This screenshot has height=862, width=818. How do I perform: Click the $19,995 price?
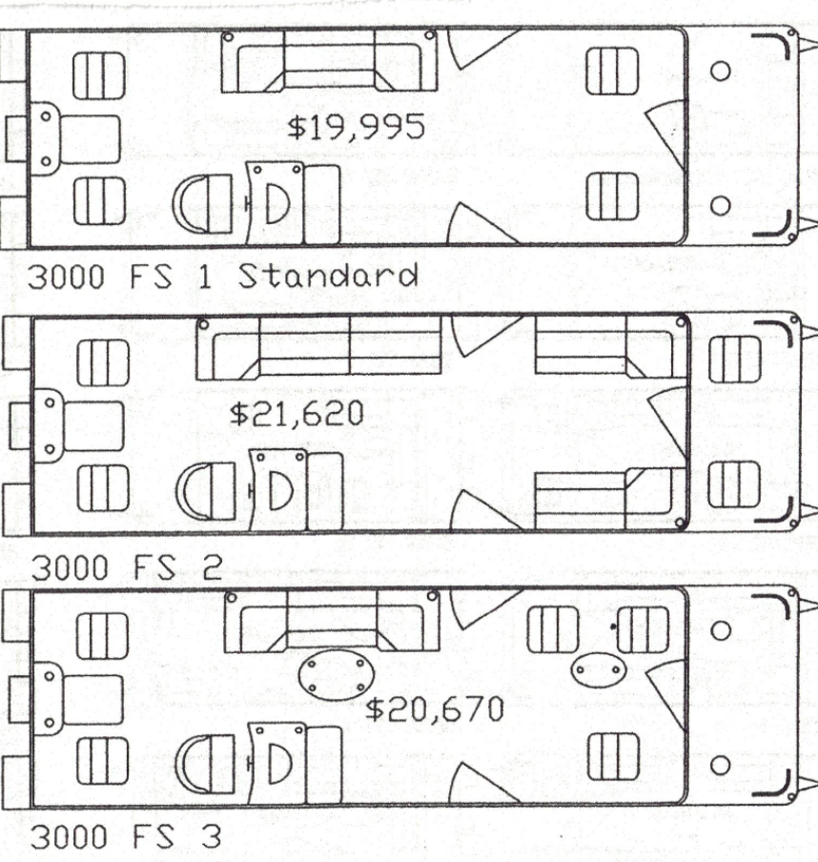tap(356, 127)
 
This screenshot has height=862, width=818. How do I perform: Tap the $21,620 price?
tap(297, 414)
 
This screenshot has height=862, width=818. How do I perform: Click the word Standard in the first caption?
tap(327, 277)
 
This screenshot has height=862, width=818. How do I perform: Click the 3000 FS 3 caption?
tap(127, 838)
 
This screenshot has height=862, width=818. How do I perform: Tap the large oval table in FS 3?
tap(336, 675)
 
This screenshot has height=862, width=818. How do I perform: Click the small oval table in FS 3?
tap(598, 670)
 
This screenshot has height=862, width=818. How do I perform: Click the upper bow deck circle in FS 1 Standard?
tap(722, 71)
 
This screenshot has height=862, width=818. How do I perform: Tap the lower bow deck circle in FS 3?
tap(722, 766)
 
